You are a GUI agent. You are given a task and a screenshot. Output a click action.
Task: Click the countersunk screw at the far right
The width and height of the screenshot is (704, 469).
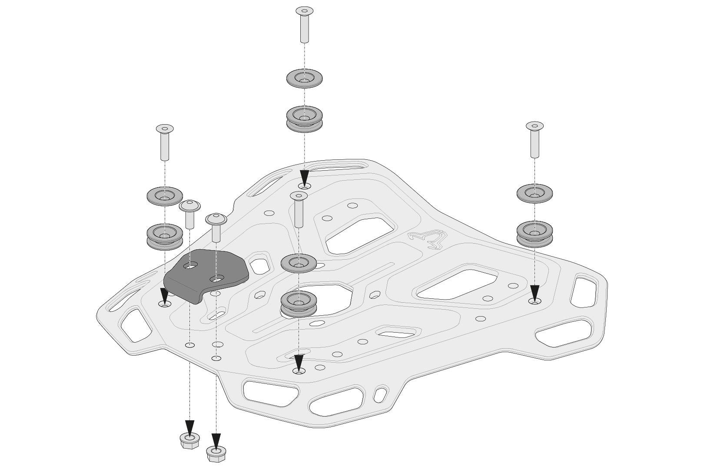coord(535,139)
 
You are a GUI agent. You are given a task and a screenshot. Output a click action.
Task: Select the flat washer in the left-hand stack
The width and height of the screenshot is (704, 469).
coord(165,197)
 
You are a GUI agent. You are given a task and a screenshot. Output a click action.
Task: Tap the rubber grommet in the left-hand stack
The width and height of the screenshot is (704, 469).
coord(165,236)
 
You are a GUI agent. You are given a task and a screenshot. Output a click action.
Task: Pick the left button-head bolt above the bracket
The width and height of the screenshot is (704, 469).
coord(189,213)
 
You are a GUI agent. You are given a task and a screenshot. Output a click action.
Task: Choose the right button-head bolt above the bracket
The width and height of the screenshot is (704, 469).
coord(216,226)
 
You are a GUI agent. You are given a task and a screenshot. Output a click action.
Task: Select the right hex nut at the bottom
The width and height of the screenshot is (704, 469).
coord(216,453)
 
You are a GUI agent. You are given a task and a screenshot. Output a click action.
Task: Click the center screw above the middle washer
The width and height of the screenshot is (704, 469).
coord(299,209)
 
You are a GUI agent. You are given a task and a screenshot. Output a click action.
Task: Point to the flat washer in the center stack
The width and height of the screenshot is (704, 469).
coord(299,263)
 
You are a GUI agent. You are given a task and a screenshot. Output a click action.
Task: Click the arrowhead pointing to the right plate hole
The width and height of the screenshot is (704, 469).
coord(535,292)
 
